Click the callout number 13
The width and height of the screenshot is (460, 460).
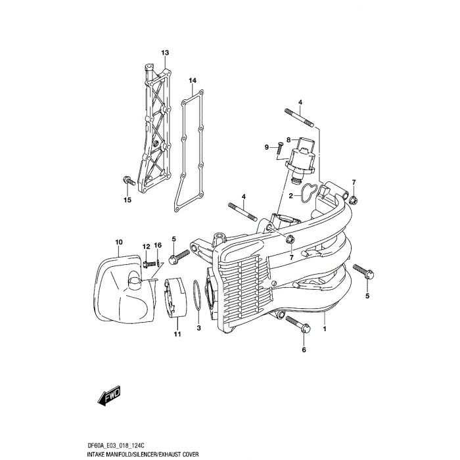coord(165,53)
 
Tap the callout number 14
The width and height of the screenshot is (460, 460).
coord(193,81)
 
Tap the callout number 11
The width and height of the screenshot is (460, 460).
coord(177,335)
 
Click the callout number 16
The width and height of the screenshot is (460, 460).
coord(158,245)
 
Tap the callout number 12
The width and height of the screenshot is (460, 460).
coord(145,245)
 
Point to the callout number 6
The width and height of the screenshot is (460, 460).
coord(304,350)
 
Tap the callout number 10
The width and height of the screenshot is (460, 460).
coord(118,242)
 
